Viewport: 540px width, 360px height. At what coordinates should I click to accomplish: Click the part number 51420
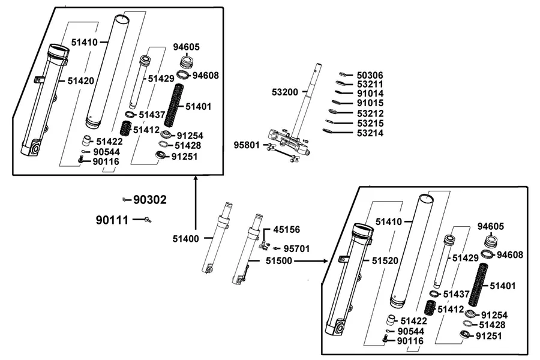(x=80, y=81)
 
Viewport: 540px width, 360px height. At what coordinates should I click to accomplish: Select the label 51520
(x=385, y=261)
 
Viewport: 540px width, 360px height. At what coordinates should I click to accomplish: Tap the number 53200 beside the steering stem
(x=285, y=92)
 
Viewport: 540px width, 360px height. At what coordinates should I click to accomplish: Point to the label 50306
(x=370, y=76)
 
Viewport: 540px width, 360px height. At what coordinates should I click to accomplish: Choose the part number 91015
(x=370, y=103)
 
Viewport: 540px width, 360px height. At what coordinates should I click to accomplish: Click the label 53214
(x=370, y=133)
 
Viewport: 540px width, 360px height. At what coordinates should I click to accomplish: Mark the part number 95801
(x=247, y=145)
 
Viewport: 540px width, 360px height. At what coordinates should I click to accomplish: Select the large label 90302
(x=150, y=200)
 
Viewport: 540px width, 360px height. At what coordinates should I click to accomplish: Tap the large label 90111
(x=112, y=220)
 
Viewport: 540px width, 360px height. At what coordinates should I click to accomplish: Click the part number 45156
(x=287, y=229)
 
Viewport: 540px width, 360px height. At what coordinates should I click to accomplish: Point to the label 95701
(x=296, y=249)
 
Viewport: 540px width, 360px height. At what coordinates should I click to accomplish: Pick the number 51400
(x=185, y=239)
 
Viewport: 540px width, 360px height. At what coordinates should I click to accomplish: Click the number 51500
(x=278, y=261)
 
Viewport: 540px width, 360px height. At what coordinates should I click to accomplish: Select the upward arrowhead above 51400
(x=196, y=178)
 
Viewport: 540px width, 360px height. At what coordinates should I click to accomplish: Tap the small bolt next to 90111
(x=148, y=220)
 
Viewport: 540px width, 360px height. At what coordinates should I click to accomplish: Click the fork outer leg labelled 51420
(x=44, y=101)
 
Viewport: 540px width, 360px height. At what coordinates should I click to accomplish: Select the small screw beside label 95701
(x=277, y=248)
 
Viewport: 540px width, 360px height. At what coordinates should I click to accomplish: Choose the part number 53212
(x=370, y=113)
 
